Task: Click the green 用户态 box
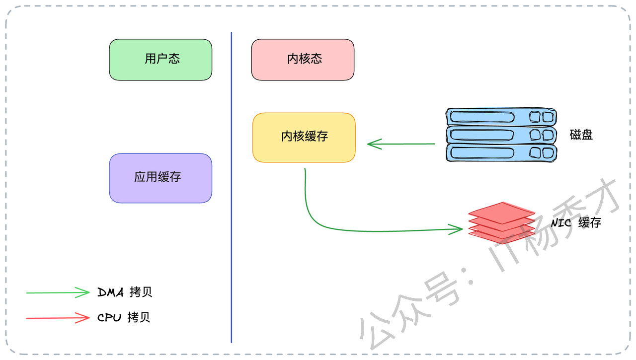[160, 60]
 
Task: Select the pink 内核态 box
[303, 60]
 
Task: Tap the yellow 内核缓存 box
[304, 138]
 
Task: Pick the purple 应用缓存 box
[160, 178]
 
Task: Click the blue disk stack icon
[501, 135]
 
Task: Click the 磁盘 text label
[581, 135]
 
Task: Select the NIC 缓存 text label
[576, 222]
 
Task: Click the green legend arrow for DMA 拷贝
[57, 292]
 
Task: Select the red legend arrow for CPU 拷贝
[57, 318]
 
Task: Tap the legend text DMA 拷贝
[125, 292]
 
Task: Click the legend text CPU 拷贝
[124, 318]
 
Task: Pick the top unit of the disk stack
[501, 117]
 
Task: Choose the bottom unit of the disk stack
[501, 152]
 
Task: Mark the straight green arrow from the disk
[402, 144]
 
